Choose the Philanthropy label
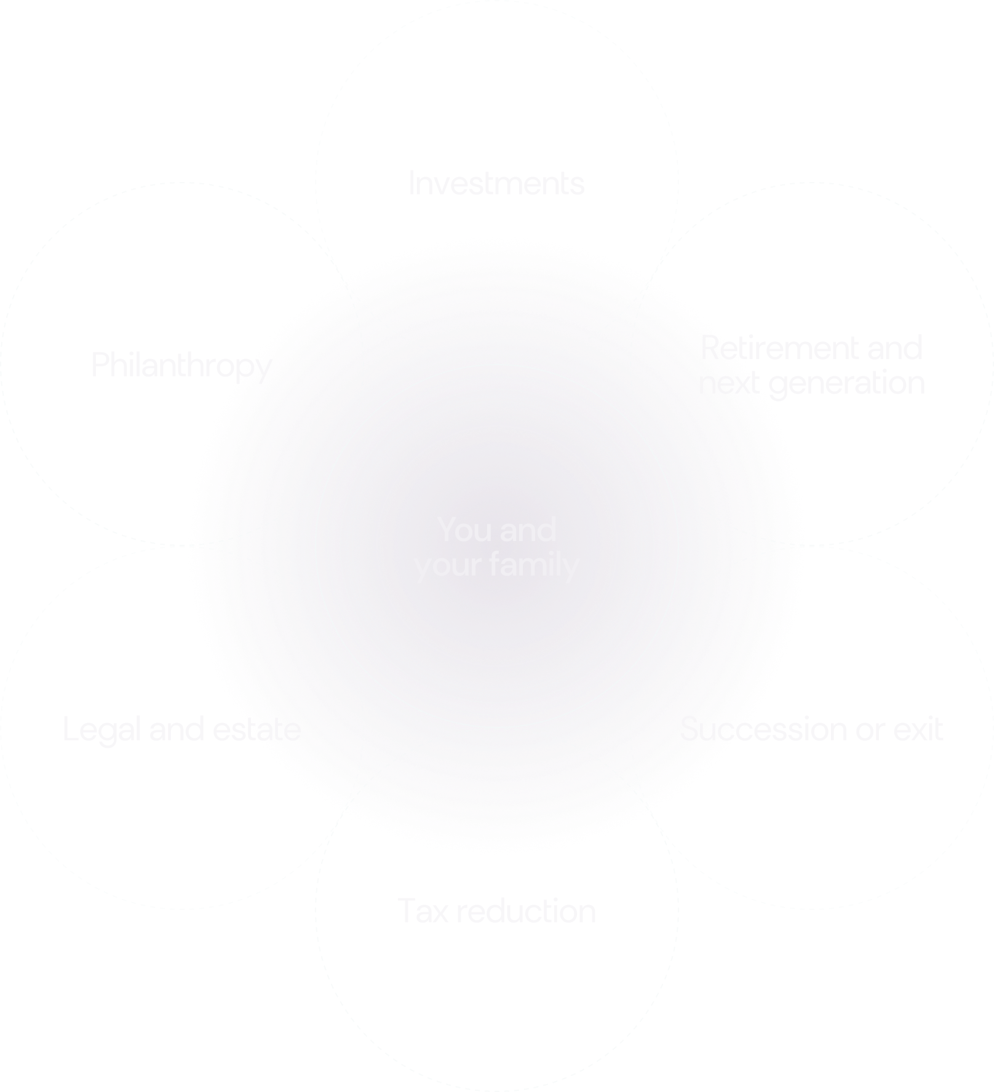(183, 366)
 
